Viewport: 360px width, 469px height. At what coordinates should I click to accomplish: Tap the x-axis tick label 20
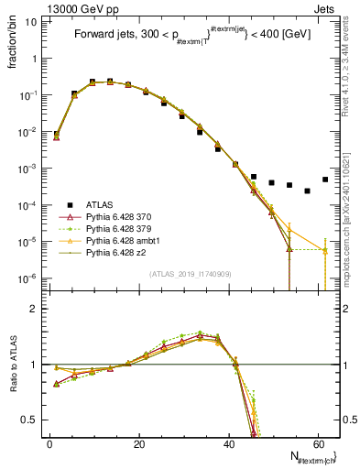coord(138,443)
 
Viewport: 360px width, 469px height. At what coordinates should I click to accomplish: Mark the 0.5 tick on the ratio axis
coord(31,420)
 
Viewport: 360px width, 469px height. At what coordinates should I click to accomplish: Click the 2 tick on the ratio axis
coord(35,310)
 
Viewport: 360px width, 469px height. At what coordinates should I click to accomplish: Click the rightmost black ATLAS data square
coord(325,180)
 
